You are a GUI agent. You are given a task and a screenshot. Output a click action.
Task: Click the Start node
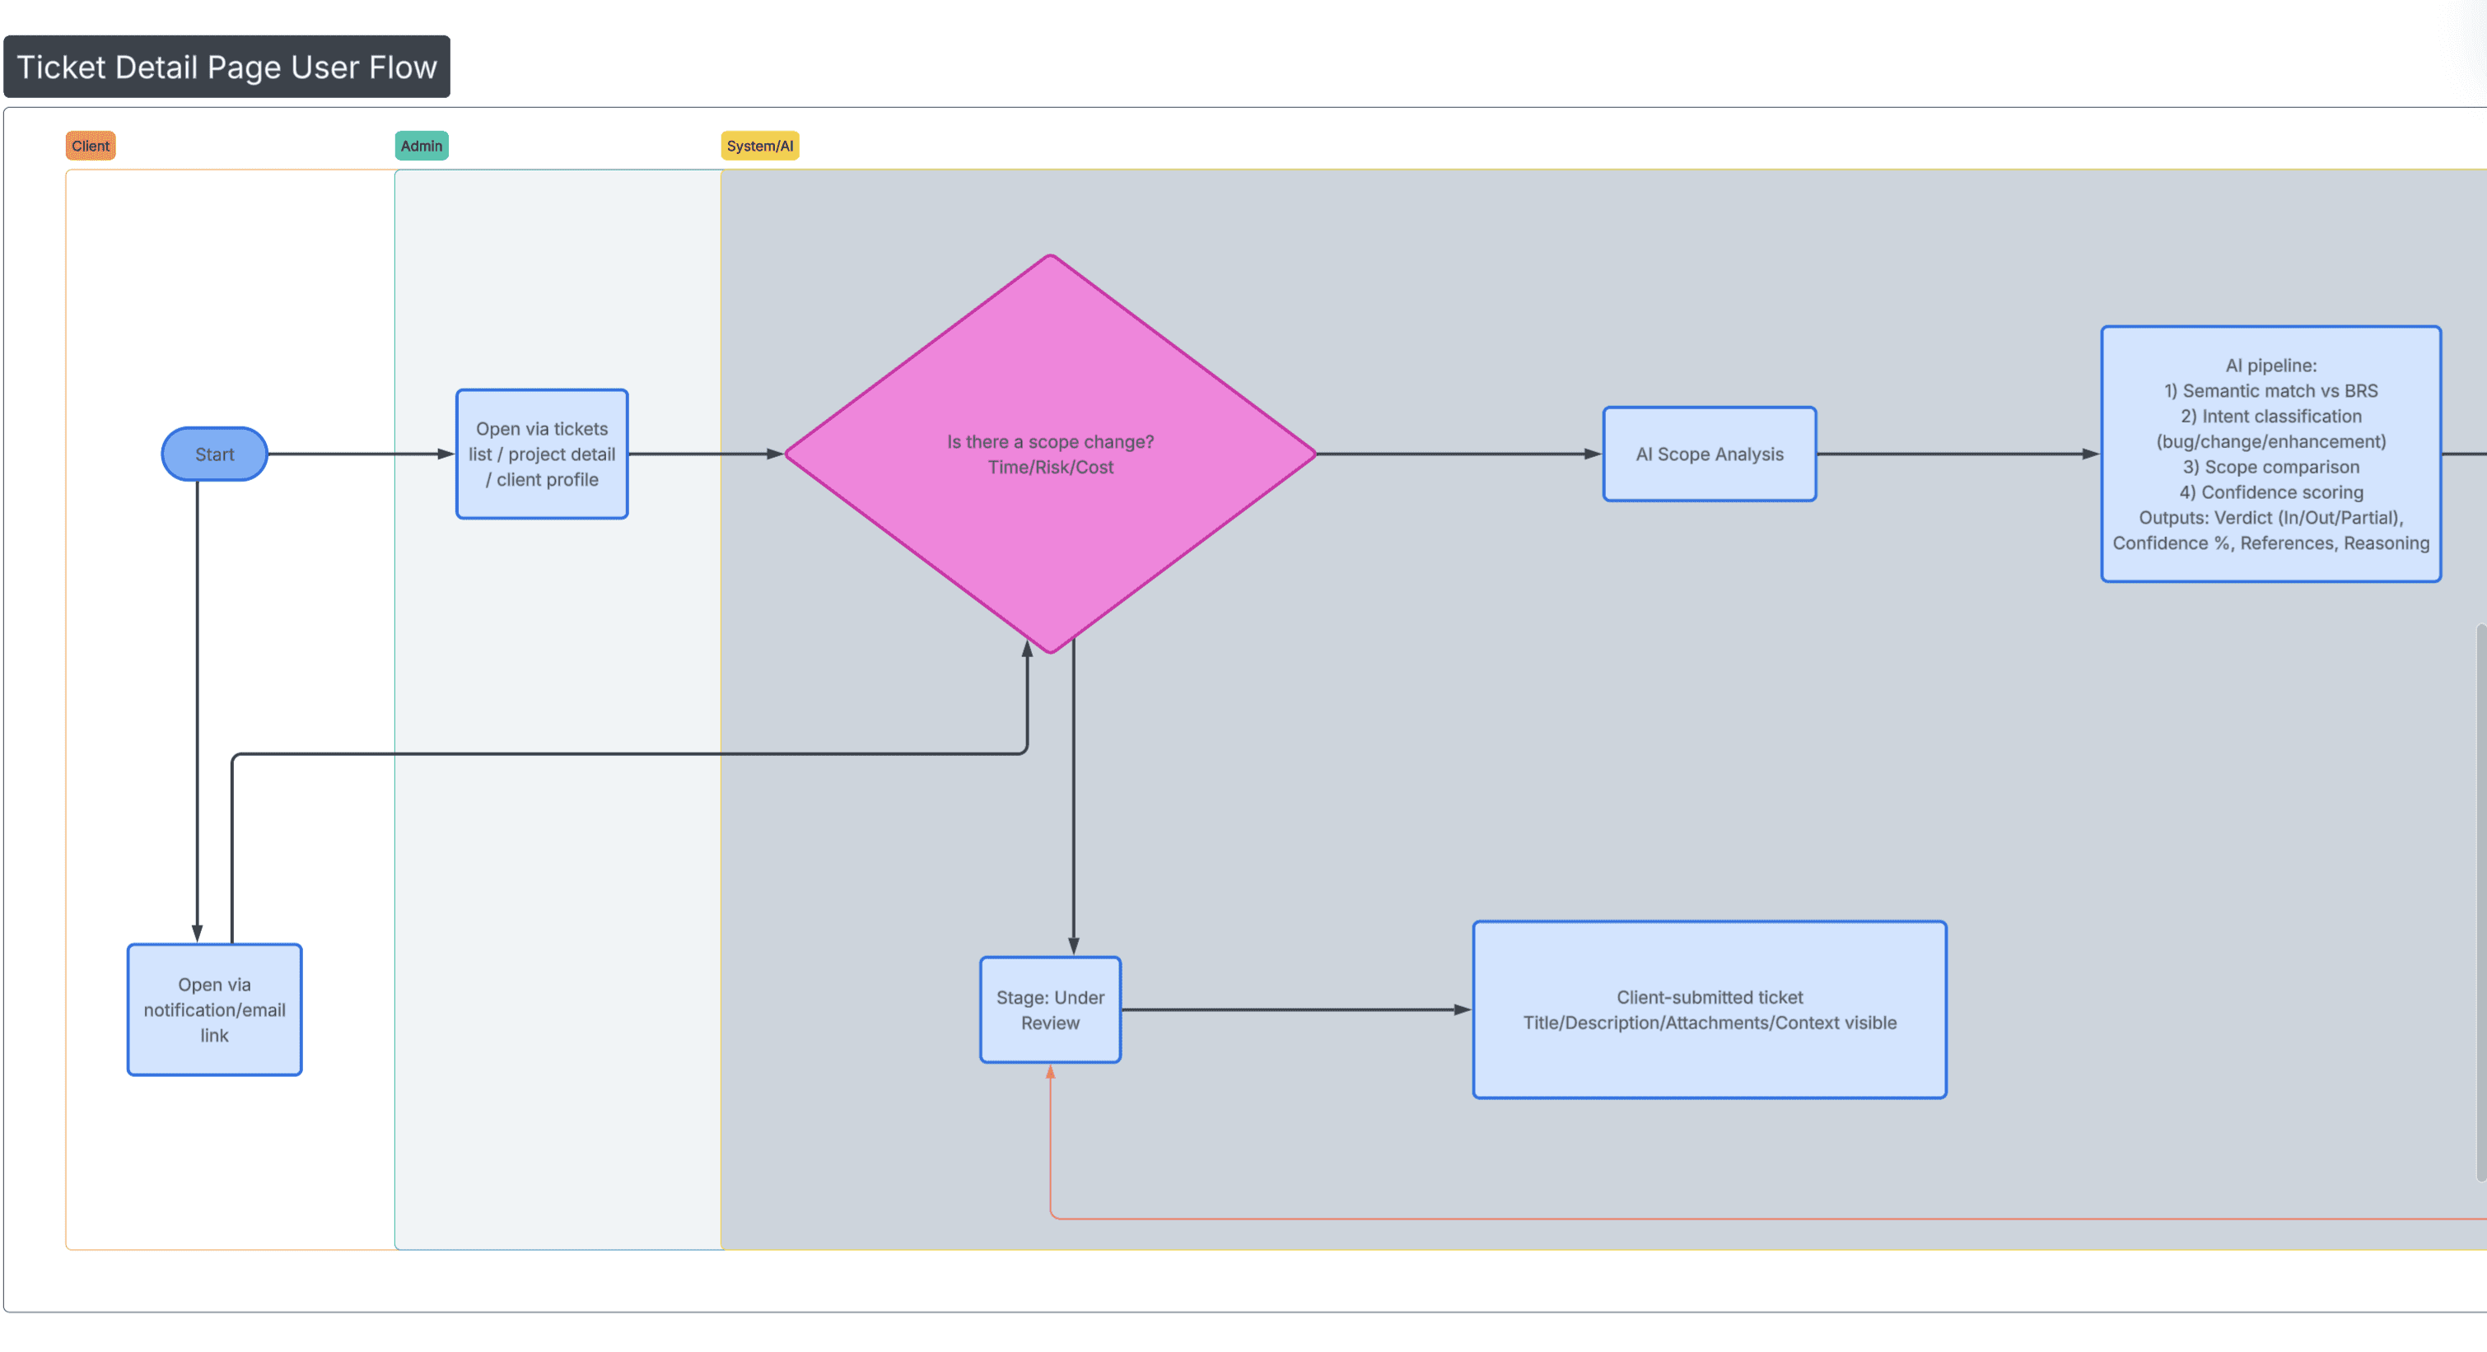tap(214, 454)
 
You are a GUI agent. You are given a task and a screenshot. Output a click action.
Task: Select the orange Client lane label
tap(90, 146)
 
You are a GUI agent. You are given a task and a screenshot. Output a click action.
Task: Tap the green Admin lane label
tap(421, 146)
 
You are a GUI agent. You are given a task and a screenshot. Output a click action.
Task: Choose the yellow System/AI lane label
tap(760, 146)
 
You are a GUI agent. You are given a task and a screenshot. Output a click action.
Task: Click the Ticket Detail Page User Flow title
tap(227, 67)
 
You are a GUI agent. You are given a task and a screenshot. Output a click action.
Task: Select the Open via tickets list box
tap(542, 454)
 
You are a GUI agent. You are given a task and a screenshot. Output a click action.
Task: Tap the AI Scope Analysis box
tap(1709, 454)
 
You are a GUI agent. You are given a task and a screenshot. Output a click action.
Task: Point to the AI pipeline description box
tap(2270, 454)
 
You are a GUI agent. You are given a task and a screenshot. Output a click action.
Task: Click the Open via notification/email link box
tap(214, 1009)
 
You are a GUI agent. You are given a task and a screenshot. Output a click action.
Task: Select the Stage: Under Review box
tap(1051, 1009)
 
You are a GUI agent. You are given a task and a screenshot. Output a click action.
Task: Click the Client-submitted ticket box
tap(1709, 1009)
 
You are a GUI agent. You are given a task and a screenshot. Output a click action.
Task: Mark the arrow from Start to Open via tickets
tap(357, 454)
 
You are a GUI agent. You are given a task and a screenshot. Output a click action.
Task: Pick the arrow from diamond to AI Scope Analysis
tap(1458, 454)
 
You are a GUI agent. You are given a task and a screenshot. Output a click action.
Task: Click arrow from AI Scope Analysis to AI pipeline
tap(1960, 454)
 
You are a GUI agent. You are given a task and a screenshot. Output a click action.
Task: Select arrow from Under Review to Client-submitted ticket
tap(1294, 1009)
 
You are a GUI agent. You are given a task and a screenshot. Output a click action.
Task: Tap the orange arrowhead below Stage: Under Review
tap(1051, 1071)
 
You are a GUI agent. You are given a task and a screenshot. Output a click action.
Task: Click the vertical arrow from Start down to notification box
tap(197, 714)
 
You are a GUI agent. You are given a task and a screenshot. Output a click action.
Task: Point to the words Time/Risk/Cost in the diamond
tap(1051, 467)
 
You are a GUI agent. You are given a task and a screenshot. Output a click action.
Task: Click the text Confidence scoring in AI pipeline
tap(2281, 492)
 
